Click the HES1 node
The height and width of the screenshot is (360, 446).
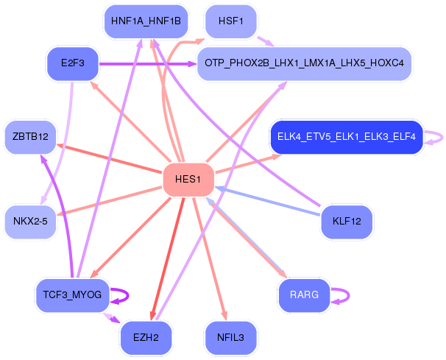(x=188, y=180)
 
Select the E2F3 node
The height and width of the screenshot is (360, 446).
(x=73, y=63)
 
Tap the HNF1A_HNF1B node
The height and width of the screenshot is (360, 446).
(x=146, y=21)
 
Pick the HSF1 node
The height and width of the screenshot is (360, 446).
(x=230, y=21)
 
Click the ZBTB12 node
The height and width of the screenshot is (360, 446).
(x=30, y=137)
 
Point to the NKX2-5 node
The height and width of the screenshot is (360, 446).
(x=30, y=222)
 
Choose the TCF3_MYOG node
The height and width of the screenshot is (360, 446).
(x=73, y=295)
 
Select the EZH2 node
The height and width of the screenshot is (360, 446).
(x=146, y=338)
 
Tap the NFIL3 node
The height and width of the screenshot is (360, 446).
(x=230, y=338)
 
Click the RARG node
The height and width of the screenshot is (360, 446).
(x=305, y=295)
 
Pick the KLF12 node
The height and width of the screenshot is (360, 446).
(x=347, y=222)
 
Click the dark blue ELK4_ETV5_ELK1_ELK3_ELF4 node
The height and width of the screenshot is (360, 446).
(x=347, y=137)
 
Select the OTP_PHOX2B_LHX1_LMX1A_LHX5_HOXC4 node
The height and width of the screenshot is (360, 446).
(x=304, y=63)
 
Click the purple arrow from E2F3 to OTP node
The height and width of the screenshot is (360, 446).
(x=148, y=64)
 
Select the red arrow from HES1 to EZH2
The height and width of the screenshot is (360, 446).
(x=168, y=259)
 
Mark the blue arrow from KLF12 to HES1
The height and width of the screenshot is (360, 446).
(x=267, y=201)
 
